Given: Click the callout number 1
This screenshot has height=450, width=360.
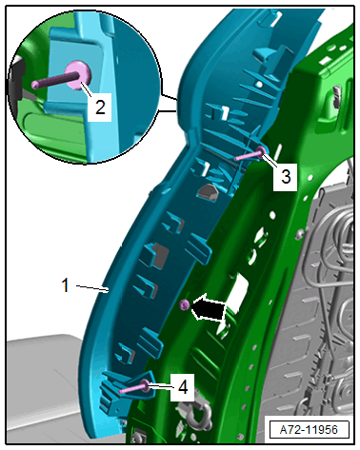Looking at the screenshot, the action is (65, 284).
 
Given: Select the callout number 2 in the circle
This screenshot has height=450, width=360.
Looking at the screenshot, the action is (100, 107).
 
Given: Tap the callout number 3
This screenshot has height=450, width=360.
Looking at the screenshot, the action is (286, 176).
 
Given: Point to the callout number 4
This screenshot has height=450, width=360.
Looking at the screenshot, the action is (183, 387).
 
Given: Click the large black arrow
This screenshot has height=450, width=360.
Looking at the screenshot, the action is (209, 307).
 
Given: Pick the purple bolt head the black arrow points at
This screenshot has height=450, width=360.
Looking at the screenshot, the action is (185, 304).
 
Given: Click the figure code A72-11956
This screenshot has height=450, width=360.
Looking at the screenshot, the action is (309, 430).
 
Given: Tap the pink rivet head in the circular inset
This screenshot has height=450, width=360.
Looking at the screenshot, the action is (78, 75).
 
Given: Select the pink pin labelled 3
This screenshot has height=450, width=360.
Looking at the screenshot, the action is (250, 154).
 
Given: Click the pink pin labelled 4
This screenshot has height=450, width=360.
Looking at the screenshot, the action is (133, 387).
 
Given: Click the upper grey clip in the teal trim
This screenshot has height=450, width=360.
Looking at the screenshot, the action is (207, 191).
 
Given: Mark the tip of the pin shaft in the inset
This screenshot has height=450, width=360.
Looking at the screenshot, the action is (34, 85).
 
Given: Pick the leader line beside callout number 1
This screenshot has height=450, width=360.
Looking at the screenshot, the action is (92, 288).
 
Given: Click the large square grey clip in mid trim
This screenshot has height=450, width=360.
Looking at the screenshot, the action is (156, 255).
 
